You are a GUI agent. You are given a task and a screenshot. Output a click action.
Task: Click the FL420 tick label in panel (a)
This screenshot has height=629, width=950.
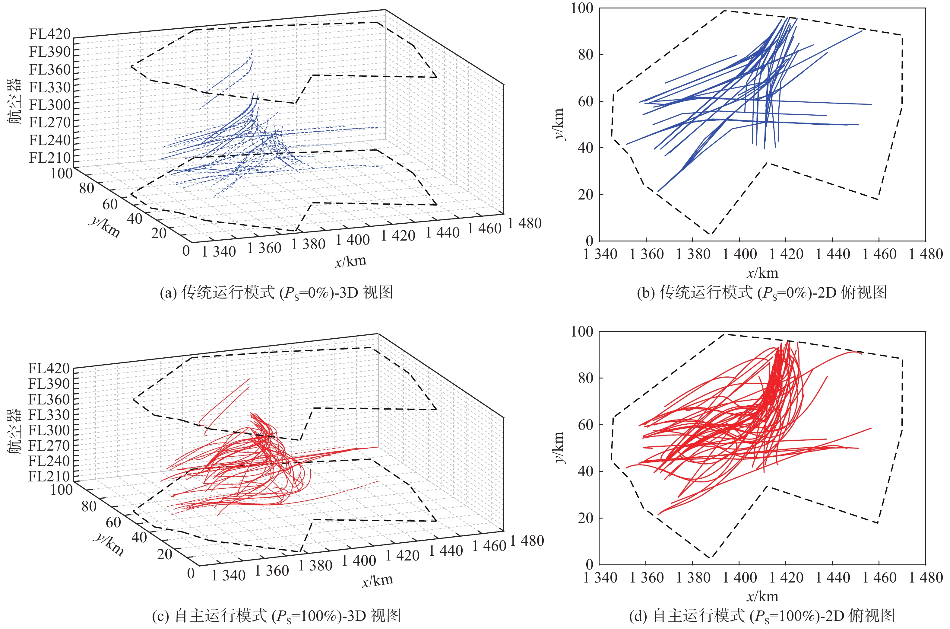50,34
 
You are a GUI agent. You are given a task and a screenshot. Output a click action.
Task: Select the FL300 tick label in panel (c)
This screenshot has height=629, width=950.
49,430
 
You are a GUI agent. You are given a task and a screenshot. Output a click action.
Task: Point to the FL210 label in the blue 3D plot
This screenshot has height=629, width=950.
50,158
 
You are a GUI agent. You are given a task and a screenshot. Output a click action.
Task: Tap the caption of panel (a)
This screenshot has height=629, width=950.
276,292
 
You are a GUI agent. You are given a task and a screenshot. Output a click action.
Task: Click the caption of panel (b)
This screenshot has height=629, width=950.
762,292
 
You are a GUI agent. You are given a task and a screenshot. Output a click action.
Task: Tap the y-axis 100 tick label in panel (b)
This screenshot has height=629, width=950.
582,8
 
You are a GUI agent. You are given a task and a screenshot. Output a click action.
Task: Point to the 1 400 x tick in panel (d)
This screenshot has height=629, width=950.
739,578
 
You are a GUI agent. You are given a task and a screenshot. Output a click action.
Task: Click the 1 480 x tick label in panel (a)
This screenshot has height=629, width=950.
525,223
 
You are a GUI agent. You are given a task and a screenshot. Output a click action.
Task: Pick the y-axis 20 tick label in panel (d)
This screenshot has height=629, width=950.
585,518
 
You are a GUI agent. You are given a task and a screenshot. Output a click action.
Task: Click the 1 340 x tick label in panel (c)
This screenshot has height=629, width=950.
228,576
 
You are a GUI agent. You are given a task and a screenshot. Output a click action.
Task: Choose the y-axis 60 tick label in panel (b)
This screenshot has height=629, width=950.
585,101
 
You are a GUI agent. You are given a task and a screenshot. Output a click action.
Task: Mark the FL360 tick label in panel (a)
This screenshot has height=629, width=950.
50,70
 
